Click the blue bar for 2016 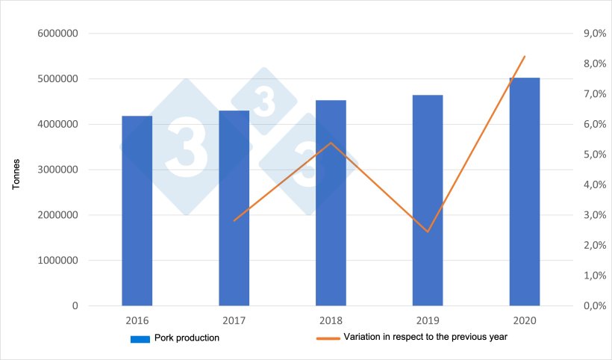pos(137,211)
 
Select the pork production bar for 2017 pos(234,208)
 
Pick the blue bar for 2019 pos(428,200)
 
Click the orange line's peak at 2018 pos(331,143)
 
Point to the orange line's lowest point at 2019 pos(428,232)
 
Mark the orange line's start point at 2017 pos(234,220)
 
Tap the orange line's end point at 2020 pos(525,56)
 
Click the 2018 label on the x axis pos(331,320)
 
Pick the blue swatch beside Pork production pos(140,339)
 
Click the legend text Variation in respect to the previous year pos(425,338)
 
